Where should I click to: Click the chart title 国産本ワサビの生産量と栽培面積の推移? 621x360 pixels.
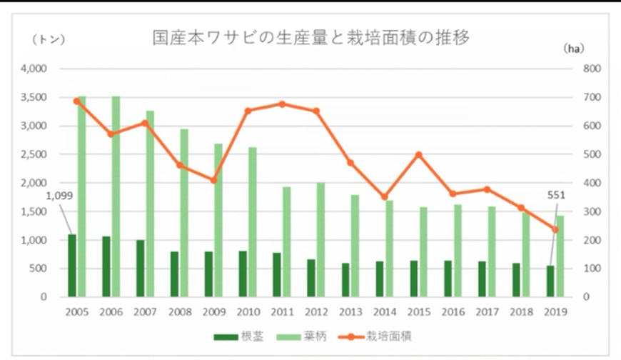(311, 38)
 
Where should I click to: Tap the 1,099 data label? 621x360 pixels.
(59, 196)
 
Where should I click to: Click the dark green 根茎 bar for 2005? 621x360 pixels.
(71, 265)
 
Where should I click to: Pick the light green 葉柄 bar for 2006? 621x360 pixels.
(116, 196)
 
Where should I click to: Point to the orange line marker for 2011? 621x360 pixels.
(282, 104)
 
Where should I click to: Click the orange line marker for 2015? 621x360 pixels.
(418, 155)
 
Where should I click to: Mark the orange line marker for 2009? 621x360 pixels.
(213, 180)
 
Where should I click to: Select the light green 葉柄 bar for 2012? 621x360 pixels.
(320, 239)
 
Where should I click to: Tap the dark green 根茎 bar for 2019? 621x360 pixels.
(550, 281)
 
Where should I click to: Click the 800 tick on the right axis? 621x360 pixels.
(594, 69)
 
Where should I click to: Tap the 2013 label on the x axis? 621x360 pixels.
(350, 312)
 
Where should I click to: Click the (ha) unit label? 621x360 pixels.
(573, 49)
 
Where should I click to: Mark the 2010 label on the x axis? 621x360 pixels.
(248, 312)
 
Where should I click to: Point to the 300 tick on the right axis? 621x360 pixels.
(594, 211)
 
